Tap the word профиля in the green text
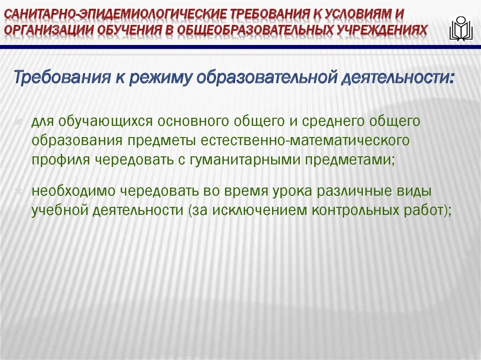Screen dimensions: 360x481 pos(61,160)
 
